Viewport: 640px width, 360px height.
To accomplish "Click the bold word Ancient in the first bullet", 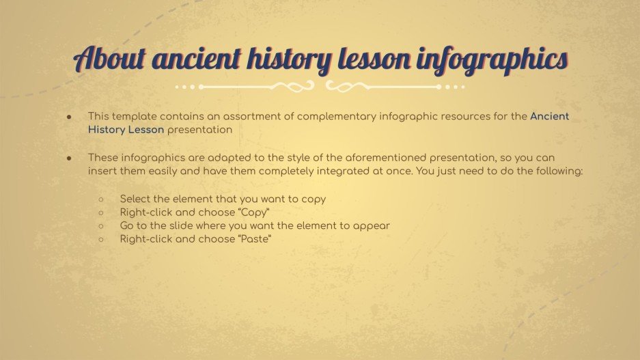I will [549, 116].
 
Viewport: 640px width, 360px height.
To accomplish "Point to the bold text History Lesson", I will [126, 129].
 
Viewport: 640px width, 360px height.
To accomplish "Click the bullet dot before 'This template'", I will [70, 117].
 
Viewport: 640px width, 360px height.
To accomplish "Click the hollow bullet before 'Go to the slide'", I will [101, 225].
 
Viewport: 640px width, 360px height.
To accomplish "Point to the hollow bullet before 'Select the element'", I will [101, 199].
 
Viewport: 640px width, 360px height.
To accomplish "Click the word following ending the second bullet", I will [559, 171].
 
